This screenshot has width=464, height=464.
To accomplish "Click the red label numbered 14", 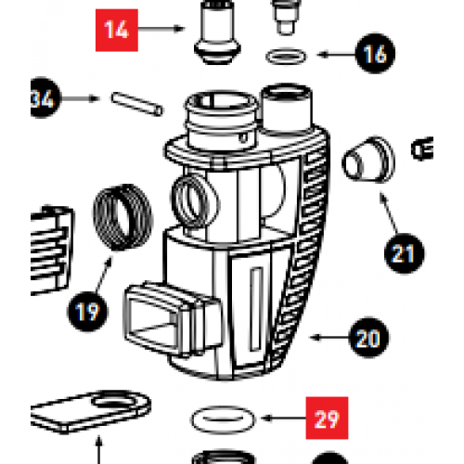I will tap(117, 29).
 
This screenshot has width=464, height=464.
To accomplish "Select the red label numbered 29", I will tap(326, 419).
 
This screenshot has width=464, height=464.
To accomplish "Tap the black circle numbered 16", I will tap(373, 55).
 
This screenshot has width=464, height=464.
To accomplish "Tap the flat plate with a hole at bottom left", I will tap(93, 409).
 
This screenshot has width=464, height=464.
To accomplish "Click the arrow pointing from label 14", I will tap(163, 29).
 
